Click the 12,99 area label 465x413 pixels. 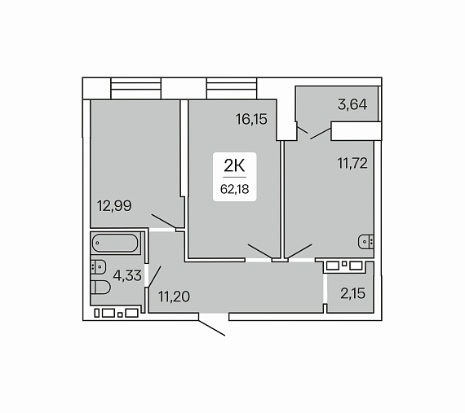[x=114, y=206]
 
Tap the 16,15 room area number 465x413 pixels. [x=251, y=119]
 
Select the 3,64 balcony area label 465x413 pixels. [x=352, y=104]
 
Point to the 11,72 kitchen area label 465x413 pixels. [x=352, y=163]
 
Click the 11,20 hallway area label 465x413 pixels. [x=174, y=296]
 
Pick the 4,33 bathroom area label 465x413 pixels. [x=127, y=275]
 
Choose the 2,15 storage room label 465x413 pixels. [x=353, y=293]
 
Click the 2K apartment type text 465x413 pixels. [x=234, y=166]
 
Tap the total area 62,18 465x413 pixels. [x=235, y=189]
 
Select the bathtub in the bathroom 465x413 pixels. [x=115, y=243]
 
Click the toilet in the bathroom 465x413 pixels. [x=100, y=288]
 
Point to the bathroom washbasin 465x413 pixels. [x=99, y=266]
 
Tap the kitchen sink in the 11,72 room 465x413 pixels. [x=366, y=242]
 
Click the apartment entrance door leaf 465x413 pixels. [x=212, y=328]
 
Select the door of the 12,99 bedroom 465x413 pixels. [x=164, y=221]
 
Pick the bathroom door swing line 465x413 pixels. [x=154, y=276]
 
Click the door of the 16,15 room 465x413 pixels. [x=260, y=251]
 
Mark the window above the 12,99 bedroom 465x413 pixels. [x=135, y=89]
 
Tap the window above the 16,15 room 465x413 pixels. [x=232, y=89]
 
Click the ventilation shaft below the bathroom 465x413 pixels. [x=117, y=314]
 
